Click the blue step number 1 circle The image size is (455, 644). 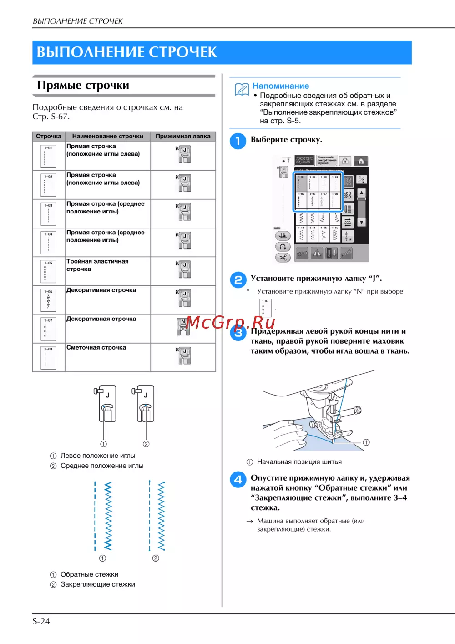238,141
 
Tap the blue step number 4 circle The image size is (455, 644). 238,479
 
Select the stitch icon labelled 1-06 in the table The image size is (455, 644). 48,299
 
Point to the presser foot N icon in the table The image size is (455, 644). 183,327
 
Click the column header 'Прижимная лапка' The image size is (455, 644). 183,136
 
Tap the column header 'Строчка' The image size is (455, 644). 49,136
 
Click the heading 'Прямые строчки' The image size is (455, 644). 83,86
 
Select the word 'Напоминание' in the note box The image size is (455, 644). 281,86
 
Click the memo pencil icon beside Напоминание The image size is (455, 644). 242,89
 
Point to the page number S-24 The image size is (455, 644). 41,621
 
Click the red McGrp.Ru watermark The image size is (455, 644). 231,322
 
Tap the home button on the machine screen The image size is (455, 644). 361,161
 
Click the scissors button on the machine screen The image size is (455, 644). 283,258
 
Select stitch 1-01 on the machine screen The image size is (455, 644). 301,183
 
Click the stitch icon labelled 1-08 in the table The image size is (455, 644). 48,357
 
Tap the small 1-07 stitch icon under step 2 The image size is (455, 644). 265,308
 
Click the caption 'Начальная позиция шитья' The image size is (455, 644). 299,462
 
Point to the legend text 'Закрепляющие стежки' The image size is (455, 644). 98,584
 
